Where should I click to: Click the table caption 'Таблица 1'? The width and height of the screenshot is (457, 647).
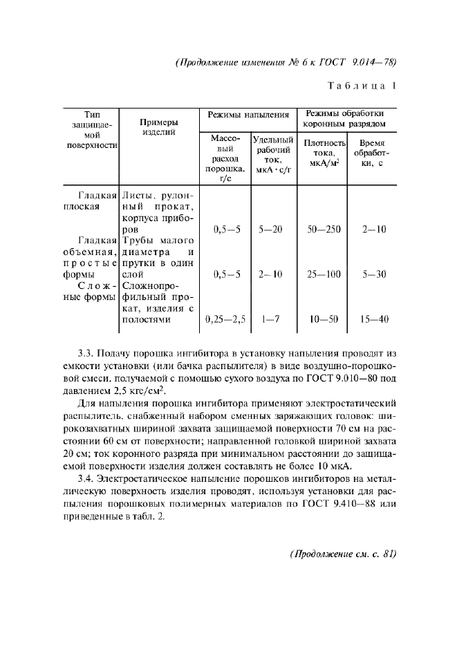click(x=362, y=86)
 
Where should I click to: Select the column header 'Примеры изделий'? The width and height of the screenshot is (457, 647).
click(x=159, y=127)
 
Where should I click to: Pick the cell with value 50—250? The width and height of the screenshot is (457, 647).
click(x=324, y=229)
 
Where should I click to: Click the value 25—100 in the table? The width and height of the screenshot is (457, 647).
click(x=324, y=274)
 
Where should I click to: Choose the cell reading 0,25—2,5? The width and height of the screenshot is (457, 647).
click(x=225, y=319)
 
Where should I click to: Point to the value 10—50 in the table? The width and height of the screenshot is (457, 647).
click(x=324, y=319)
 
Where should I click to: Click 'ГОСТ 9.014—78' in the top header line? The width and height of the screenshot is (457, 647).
click(x=362, y=62)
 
